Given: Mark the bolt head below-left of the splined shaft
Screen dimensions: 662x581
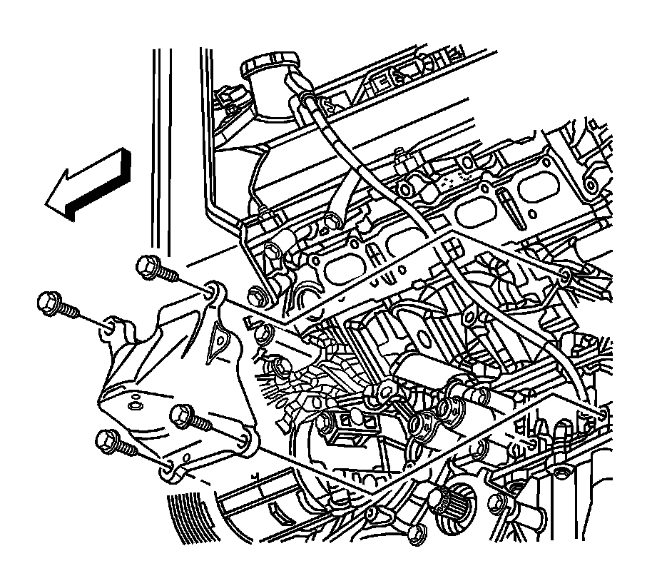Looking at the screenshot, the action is [417, 531].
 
